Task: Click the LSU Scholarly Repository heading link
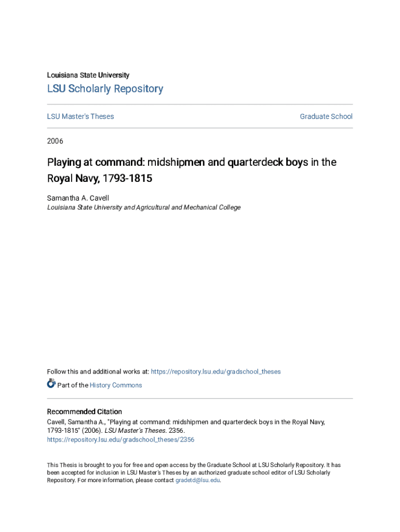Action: coord(105,89)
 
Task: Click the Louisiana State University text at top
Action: coord(88,75)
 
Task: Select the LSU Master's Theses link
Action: coord(81,116)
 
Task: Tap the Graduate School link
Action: coord(326,116)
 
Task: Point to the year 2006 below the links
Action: coord(55,141)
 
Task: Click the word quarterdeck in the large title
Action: coord(252,162)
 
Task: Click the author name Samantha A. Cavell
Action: coord(77,198)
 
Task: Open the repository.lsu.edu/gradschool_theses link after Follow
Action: coord(216,371)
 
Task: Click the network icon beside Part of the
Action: coord(51,384)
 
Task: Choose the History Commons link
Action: coord(115,385)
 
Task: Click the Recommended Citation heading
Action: coord(84,411)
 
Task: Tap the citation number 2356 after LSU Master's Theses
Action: coord(177,431)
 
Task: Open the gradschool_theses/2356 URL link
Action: coord(121,440)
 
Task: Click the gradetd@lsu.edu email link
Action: coord(197,481)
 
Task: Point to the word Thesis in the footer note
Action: coord(69,465)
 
